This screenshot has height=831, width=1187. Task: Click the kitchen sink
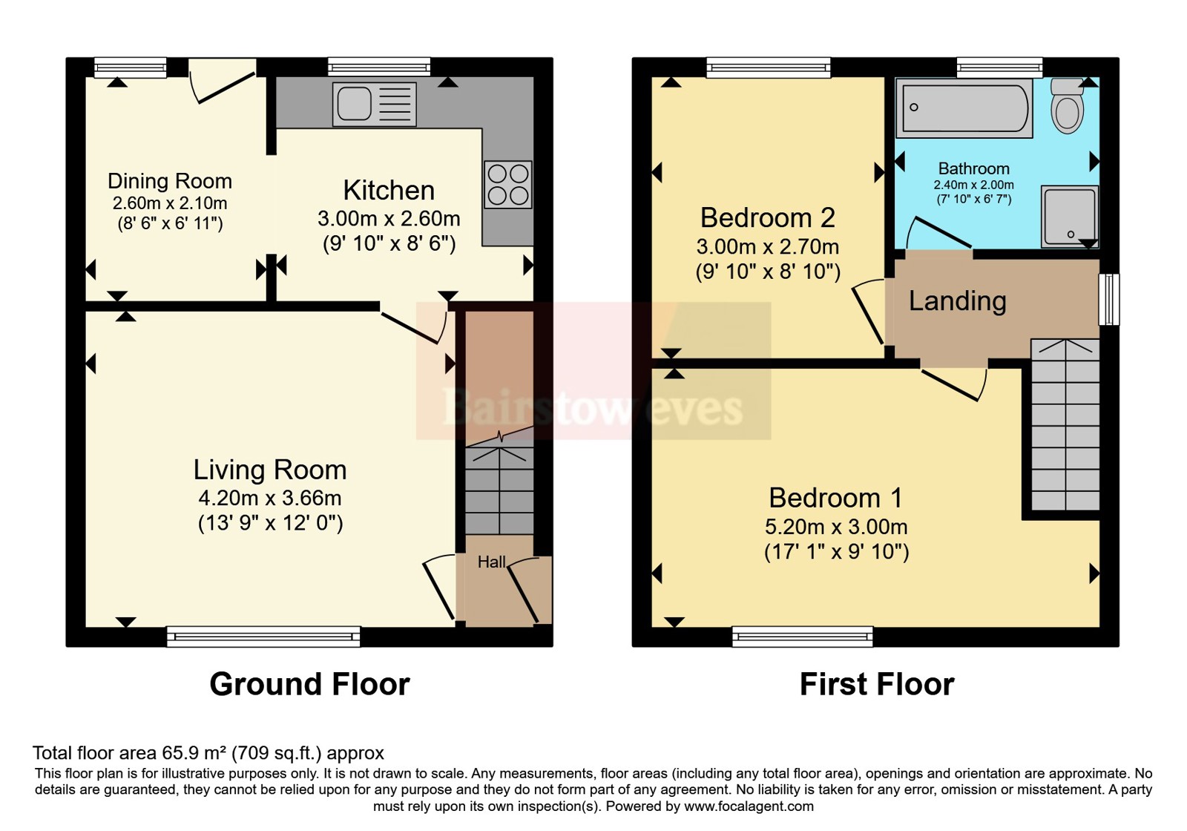click(x=374, y=105)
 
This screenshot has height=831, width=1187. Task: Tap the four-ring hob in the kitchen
click(x=507, y=185)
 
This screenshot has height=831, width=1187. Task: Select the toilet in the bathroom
click(x=1068, y=105)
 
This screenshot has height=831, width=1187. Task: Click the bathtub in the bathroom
click(x=964, y=108)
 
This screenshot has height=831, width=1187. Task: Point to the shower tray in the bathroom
click(x=1069, y=216)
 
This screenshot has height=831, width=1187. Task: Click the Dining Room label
click(x=170, y=181)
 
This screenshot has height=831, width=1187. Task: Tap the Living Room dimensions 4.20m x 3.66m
click(x=270, y=498)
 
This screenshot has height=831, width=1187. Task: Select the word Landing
click(x=958, y=301)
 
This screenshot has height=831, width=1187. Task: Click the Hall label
click(x=491, y=562)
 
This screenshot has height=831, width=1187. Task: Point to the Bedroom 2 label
click(x=768, y=217)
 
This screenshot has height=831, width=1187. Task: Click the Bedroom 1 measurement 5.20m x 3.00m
click(x=836, y=527)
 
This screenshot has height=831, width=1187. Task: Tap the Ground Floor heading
click(x=309, y=684)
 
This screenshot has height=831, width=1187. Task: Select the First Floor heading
click(x=877, y=684)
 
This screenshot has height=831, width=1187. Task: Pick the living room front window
click(x=263, y=637)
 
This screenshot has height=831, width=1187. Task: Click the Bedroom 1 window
click(x=802, y=637)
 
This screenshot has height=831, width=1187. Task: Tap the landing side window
click(x=1109, y=299)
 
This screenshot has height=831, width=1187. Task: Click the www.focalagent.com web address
click(x=749, y=807)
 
